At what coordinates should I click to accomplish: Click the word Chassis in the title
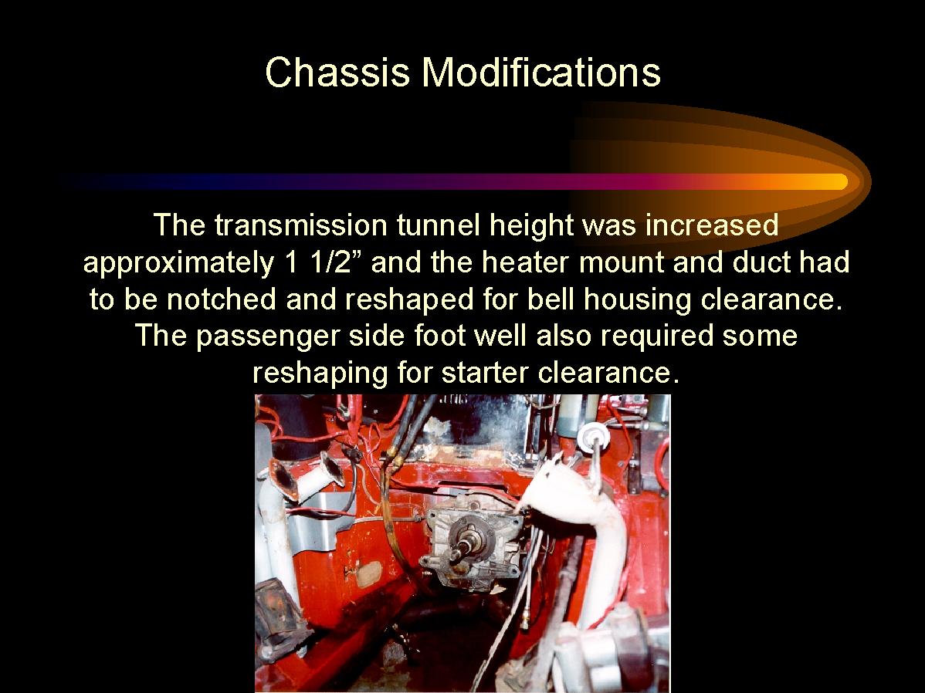click(x=337, y=72)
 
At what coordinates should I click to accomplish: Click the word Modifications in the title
click(x=541, y=72)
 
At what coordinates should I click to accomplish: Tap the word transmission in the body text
click(x=300, y=225)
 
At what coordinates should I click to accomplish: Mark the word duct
click(x=761, y=262)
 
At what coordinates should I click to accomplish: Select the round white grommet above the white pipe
click(x=593, y=437)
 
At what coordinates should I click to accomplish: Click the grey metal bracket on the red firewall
click(x=321, y=519)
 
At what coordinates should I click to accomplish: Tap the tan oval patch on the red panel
click(x=369, y=573)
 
